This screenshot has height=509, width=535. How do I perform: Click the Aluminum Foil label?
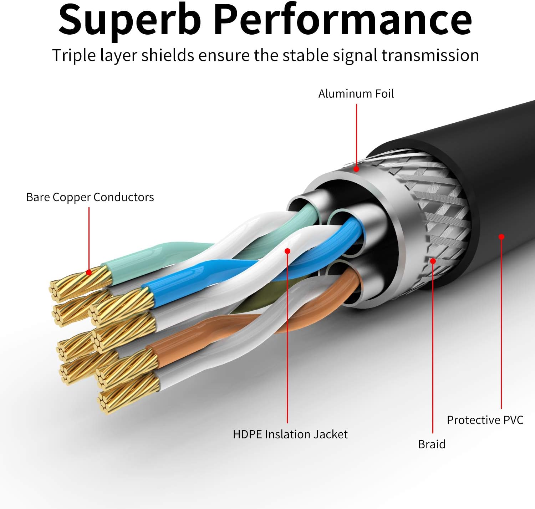356,94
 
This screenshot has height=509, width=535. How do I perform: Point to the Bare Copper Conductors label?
90,197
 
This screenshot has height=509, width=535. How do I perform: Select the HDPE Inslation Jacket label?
290,434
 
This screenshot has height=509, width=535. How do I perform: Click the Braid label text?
432,444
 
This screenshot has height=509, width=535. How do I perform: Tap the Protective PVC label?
485,420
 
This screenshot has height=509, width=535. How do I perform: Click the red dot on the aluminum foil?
356,169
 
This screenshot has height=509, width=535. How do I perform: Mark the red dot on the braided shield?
433,261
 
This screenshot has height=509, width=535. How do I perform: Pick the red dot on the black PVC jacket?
501,236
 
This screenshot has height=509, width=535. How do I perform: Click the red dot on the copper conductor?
89,273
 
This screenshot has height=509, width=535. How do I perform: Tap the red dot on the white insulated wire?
287,251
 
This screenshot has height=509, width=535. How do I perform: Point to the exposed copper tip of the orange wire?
128,367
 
